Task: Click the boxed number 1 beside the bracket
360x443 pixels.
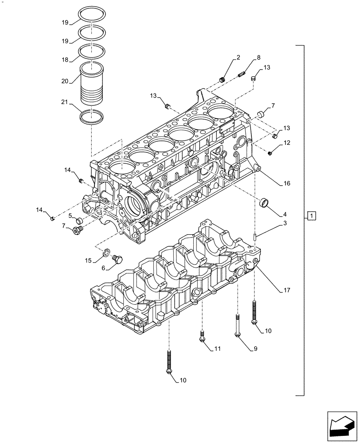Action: tap(312, 216)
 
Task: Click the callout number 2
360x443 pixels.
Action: tap(238, 57)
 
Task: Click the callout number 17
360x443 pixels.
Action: tap(287, 291)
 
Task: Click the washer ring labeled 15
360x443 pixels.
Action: tap(106, 253)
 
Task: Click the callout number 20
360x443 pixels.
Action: tap(65, 81)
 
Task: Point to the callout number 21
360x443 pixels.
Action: tap(65, 103)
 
